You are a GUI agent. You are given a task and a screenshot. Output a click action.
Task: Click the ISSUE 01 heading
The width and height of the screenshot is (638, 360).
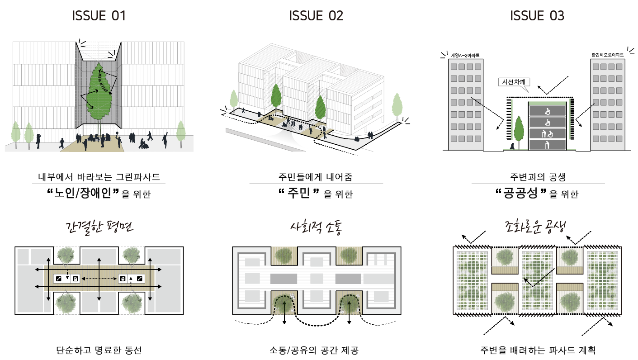click(99, 16)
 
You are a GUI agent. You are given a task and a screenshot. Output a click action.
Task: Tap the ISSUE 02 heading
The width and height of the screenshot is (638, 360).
click(316, 16)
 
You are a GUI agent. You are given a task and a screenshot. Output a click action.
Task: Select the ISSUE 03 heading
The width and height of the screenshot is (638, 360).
click(537, 16)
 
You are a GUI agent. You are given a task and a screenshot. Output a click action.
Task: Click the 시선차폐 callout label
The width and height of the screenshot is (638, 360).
click(513, 82)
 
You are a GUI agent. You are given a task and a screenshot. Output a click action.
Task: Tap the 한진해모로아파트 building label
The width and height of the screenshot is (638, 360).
click(607, 55)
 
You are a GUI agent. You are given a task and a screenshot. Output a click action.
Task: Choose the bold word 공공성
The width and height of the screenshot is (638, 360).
click(522, 194)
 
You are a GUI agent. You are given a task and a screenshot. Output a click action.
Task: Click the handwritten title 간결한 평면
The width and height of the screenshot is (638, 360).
click(99, 227)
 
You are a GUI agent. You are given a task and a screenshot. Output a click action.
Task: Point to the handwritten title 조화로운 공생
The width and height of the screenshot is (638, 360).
click(537, 227)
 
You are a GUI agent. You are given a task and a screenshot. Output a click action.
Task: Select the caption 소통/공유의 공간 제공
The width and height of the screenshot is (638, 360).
click(316, 350)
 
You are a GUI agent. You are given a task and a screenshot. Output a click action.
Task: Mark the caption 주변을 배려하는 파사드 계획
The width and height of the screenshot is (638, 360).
click(538, 350)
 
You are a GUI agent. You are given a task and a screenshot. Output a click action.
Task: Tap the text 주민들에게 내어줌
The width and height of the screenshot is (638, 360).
click(316, 177)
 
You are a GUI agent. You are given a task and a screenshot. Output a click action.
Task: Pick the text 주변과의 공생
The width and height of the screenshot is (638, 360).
click(538, 177)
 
